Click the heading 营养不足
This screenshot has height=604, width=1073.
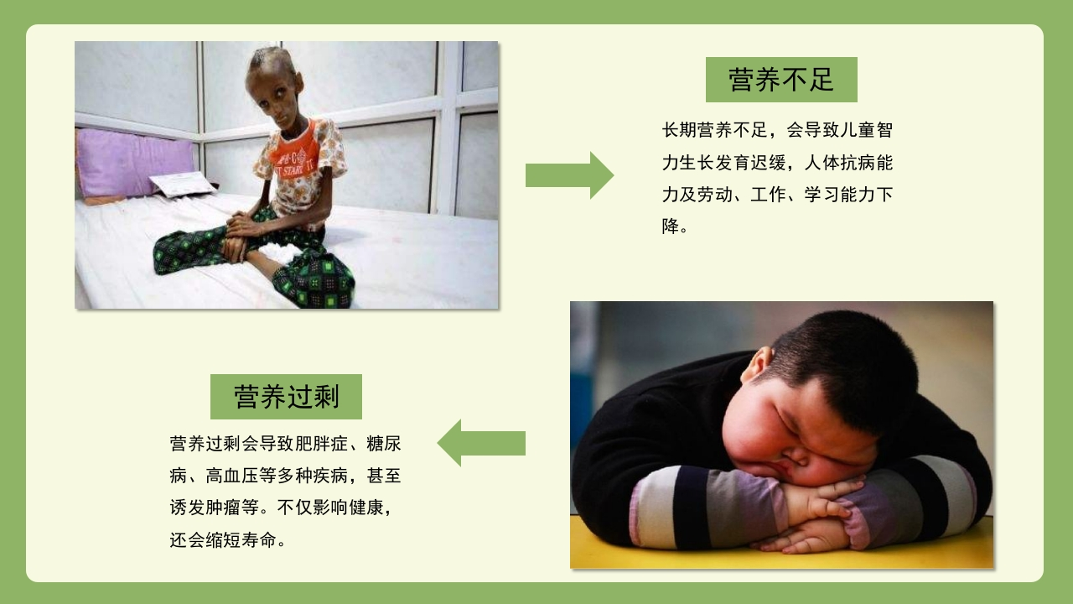pos(781,80)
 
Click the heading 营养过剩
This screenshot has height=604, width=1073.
pos(287,397)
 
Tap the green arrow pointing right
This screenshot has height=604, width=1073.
pos(569,175)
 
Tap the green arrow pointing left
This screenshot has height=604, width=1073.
pos(481,443)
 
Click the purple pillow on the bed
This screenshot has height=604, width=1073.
pos(137,163)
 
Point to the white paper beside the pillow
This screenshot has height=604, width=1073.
pos(182,184)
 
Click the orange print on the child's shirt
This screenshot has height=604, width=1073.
pos(294,154)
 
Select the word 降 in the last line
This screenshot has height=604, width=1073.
pos(671,226)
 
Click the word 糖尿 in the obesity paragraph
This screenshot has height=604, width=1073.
pos(384,444)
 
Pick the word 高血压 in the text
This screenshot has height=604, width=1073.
pos(232,476)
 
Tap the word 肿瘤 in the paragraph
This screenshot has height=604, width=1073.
pos(223,508)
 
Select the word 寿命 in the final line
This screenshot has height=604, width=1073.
pos(259,540)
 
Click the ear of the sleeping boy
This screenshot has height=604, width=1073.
pos(758,365)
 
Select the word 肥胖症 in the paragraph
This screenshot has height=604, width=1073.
pos(322,444)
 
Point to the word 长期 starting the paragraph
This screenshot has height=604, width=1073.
pos(680,130)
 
